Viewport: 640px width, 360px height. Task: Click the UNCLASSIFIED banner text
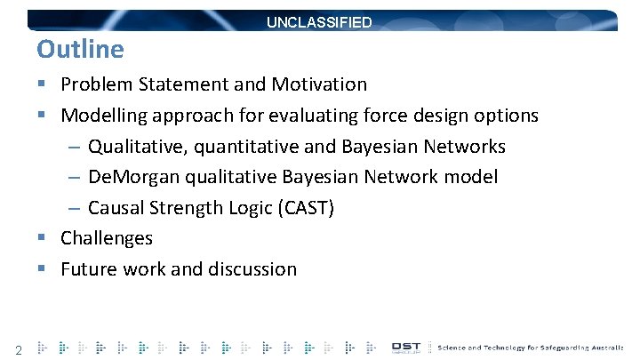click(x=319, y=22)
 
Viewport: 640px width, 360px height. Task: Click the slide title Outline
click(x=80, y=48)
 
